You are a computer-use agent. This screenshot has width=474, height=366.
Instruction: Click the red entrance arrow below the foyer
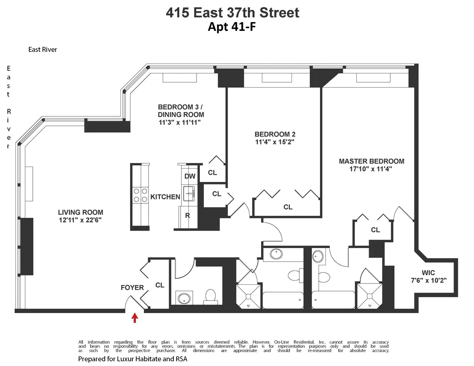[x=135, y=318]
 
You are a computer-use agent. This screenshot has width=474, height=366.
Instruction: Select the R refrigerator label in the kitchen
[x=188, y=216]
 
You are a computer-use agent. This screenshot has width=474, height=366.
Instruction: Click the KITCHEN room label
[x=165, y=197]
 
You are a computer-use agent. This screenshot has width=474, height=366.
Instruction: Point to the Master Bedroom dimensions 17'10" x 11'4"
[x=371, y=169]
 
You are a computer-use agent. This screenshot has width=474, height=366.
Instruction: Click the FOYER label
[x=132, y=287]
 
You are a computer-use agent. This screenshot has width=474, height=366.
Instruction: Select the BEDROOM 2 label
[x=275, y=134]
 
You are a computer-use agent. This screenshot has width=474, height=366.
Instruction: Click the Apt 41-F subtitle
[x=232, y=27]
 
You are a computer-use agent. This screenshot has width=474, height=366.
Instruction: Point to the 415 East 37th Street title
[x=232, y=13]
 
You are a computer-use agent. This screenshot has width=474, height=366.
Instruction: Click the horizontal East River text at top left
[x=43, y=49]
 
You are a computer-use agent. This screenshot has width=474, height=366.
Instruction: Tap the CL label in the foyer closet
[x=160, y=285]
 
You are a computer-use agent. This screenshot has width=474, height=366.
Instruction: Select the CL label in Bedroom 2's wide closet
[x=288, y=207]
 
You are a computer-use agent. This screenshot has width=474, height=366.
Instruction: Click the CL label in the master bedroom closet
[x=375, y=230]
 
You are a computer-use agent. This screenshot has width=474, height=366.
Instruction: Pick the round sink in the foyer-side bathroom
[x=183, y=298]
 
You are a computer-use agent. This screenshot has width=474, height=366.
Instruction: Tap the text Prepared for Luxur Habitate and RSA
[x=133, y=359]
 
